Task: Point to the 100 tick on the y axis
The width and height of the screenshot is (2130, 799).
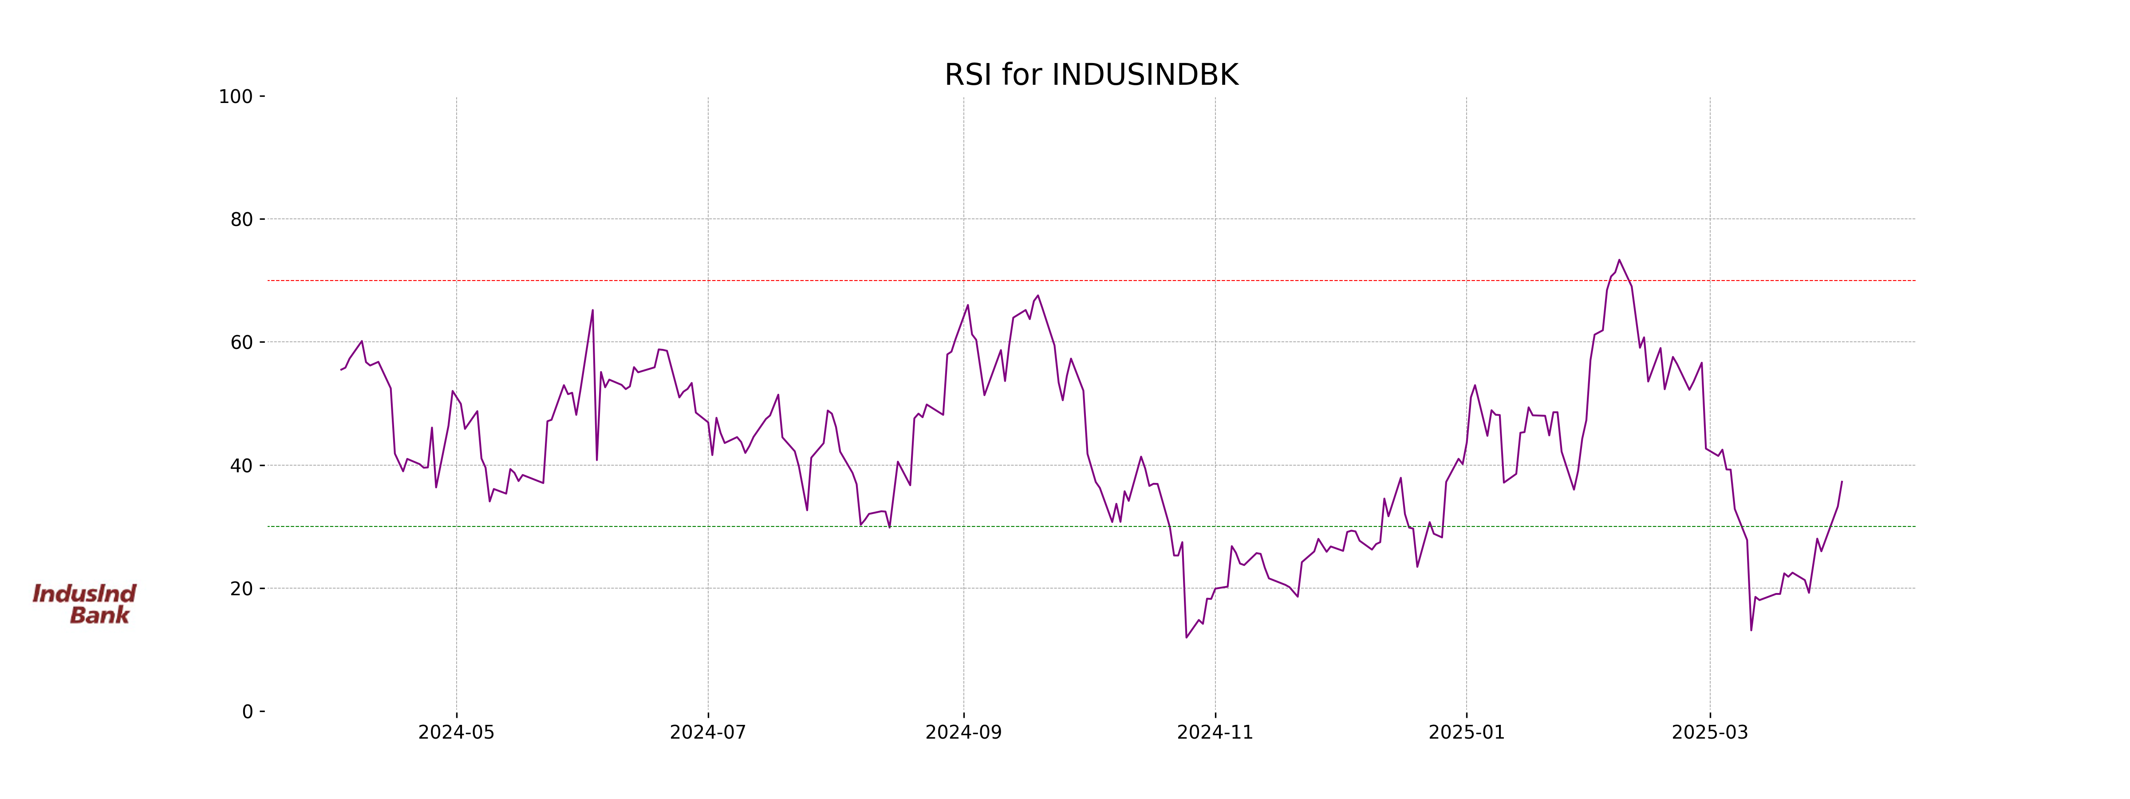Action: (236, 97)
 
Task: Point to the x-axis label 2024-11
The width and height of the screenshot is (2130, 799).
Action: (1215, 733)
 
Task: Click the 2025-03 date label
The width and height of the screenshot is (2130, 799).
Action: (1709, 733)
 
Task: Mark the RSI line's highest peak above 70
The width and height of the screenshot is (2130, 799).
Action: (1619, 260)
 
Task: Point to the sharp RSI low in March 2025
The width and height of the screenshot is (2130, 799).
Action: (1751, 630)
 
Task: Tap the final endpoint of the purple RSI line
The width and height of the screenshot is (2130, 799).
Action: (1842, 481)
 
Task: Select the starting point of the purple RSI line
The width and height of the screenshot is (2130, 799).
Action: (341, 370)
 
